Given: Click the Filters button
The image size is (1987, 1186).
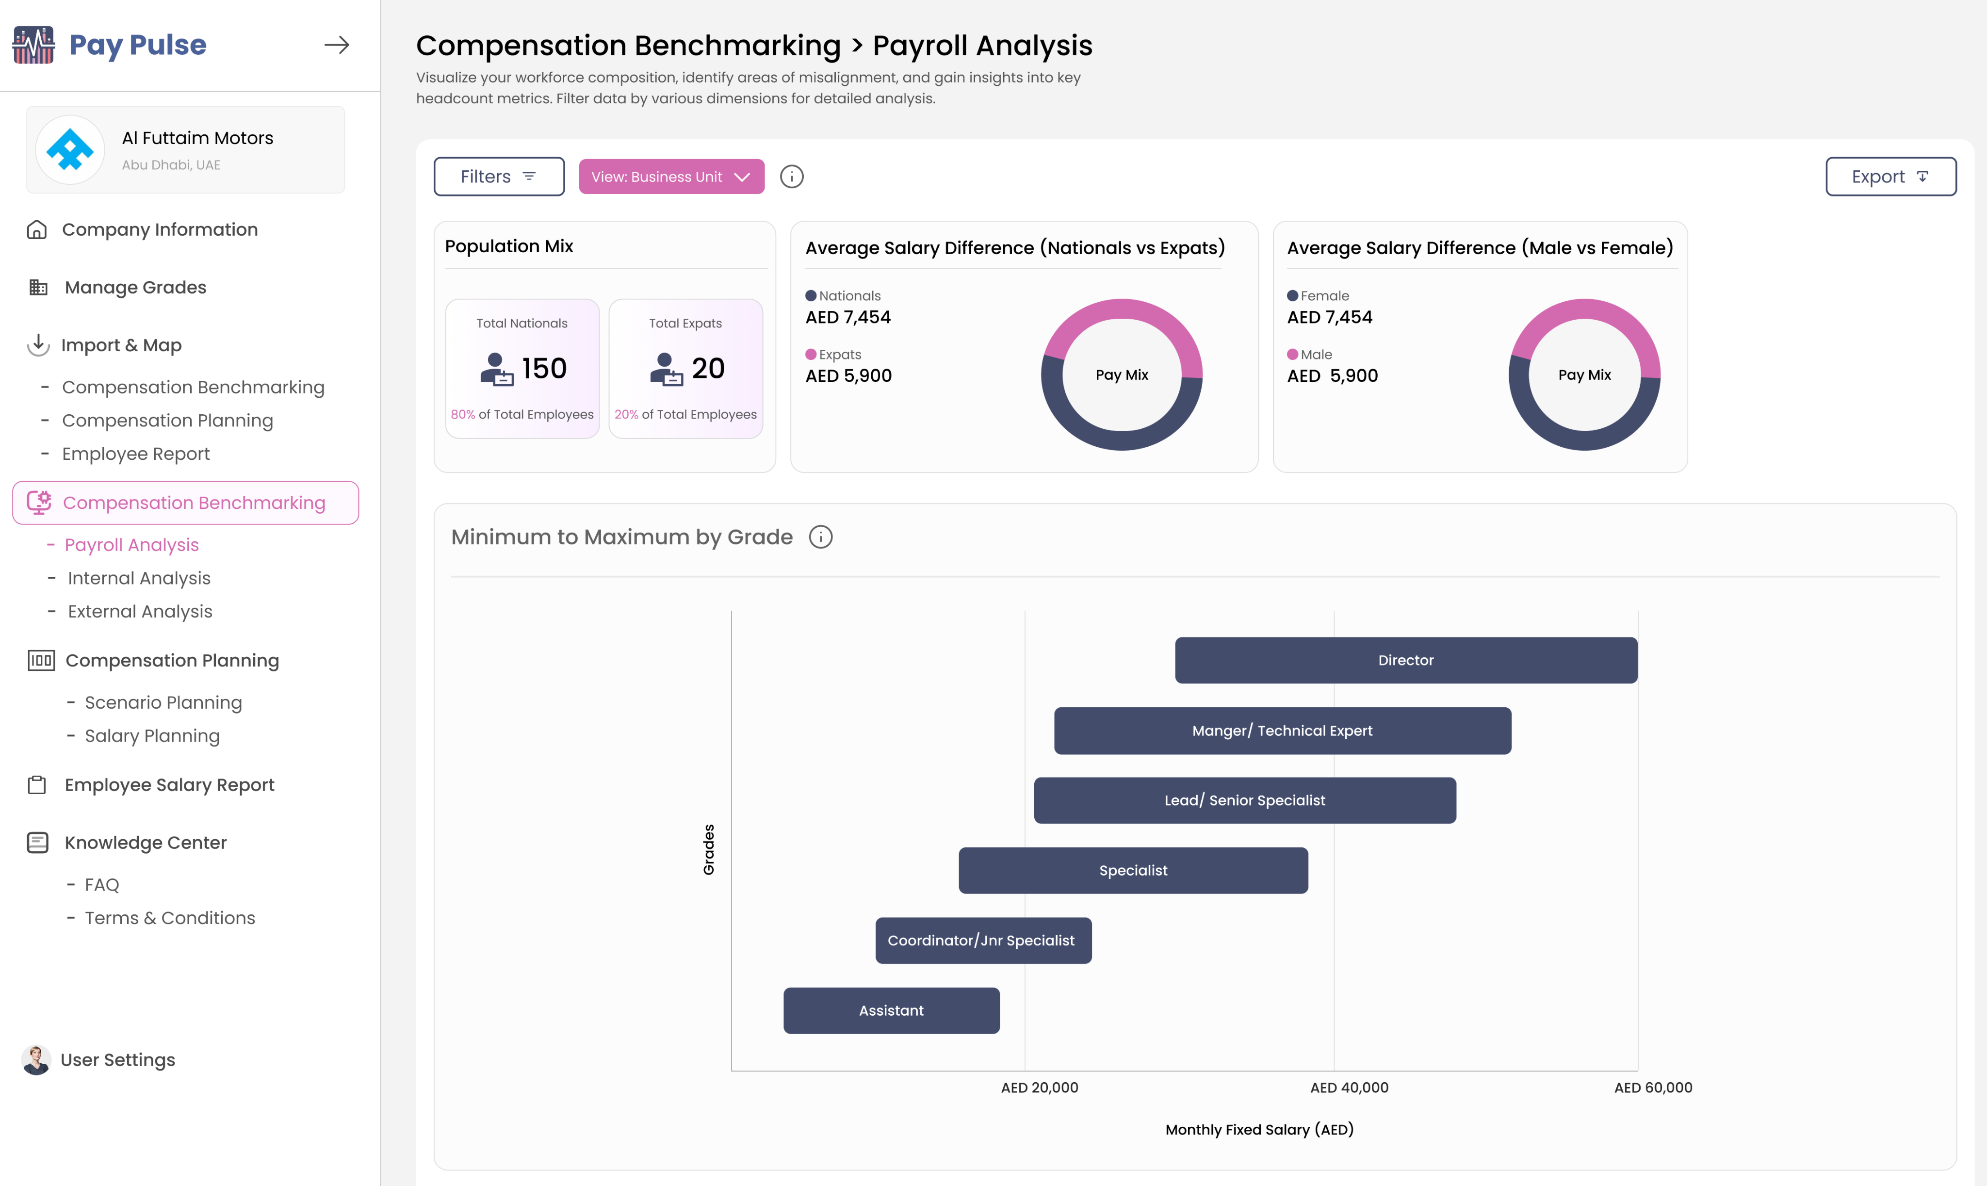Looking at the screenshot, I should [x=499, y=177].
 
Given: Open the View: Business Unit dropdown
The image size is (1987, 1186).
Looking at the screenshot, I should [x=670, y=177].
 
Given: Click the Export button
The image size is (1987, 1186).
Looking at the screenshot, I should [x=1890, y=177].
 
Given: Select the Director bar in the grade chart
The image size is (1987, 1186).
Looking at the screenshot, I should [x=1405, y=660].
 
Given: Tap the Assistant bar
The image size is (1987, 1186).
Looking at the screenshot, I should [x=891, y=1011].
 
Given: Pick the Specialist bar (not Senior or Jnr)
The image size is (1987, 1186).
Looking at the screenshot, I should [x=1133, y=870].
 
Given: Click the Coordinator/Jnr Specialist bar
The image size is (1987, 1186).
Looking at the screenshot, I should [x=982, y=941].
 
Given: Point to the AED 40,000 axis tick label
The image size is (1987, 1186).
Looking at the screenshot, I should [x=1349, y=1088].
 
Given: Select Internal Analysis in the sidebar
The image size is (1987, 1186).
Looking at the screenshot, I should [x=139, y=578].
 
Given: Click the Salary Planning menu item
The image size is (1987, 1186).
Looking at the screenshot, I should [x=152, y=736].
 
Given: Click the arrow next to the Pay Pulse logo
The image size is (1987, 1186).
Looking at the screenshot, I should [x=337, y=45].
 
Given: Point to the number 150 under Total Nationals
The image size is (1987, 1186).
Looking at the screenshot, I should [x=544, y=369].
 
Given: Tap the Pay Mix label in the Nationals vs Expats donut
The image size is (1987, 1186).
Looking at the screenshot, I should [x=1122, y=375].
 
